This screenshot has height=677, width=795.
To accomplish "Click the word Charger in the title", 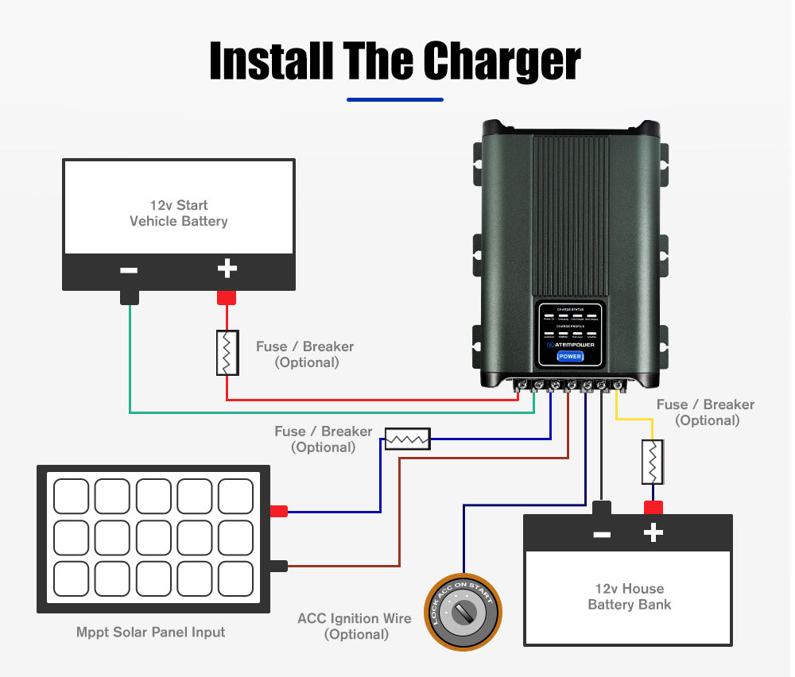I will (x=502, y=61).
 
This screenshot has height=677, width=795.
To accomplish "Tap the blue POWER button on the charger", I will (x=569, y=356).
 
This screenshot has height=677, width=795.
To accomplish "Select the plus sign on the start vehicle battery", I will (x=227, y=269).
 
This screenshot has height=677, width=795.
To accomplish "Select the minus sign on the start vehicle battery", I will (x=129, y=270).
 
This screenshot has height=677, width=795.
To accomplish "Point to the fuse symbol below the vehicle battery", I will (x=227, y=353).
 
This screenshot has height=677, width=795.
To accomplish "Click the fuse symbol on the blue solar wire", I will (x=408, y=439).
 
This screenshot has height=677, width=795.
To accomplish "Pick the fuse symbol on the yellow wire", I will (x=653, y=462).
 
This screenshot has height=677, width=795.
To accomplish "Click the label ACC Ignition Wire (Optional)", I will (x=355, y=626).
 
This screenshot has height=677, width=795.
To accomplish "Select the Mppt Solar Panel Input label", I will (x=150, y=633).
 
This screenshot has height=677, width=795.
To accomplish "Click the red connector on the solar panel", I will (x=278, y=512).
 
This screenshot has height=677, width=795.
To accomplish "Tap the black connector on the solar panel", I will (x=278, y=567).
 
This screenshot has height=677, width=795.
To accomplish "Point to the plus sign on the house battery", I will (x=653, y=533).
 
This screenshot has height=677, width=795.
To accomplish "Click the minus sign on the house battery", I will (x=602, y=534).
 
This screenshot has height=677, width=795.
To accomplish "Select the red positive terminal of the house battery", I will (x=653, y=508).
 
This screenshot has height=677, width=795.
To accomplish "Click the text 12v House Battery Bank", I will (x=629, y=597).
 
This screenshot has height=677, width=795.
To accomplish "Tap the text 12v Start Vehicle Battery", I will (x=179, y=213).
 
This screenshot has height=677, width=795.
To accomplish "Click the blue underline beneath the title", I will (x=395, y=100).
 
